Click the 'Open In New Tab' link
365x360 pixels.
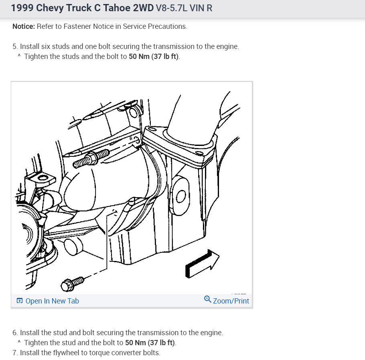tap(52, 301)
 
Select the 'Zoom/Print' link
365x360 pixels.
tap(231, 301)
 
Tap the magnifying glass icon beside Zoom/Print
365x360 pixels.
tap(208, 299)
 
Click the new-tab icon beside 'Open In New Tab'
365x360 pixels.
tap(20, 301)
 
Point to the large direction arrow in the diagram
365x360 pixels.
tap(202, 264)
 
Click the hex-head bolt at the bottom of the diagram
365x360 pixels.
tap(72, 284)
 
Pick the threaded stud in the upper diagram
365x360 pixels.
tap(91, 158)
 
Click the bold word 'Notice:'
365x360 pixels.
tap(24, 26)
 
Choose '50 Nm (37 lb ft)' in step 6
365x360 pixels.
tap(150, 343)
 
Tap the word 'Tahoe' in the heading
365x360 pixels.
tap(116, 8)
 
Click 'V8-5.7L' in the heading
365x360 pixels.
tap(172, 8)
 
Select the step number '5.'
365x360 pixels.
tap(15, 47)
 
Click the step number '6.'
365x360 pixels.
tap(15, 333)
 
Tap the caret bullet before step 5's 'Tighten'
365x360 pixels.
tap(19, 56)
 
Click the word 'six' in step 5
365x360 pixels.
tap(46, 47)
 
